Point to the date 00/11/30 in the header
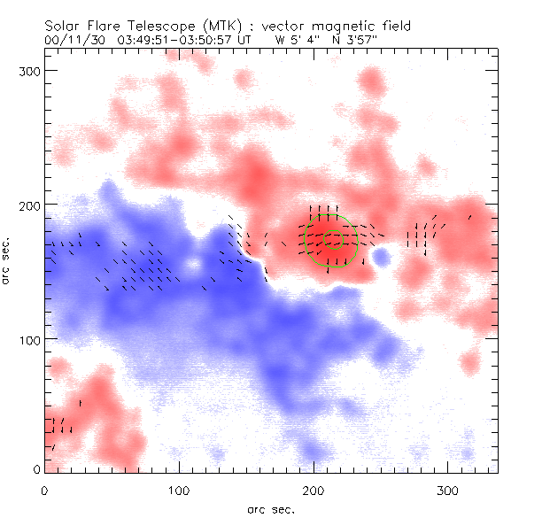tap(71, 39)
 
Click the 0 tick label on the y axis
tap(37, 469)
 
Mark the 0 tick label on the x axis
tap(44, 490)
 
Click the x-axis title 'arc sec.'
tap(270, 509)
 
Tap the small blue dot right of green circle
tap(382, 258)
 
